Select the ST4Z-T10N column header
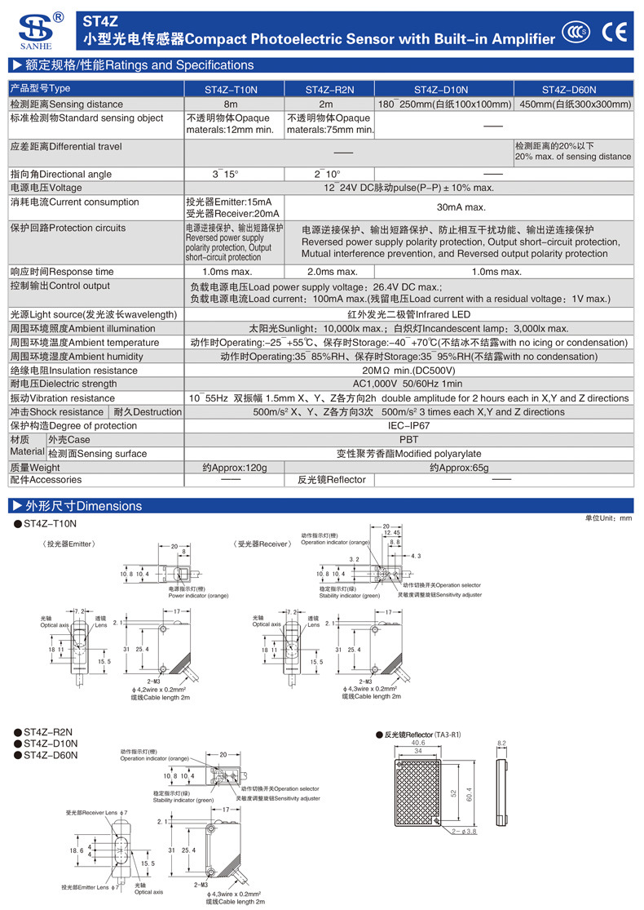pyautogui.click(x=234, y=89)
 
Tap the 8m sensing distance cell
pyautogui.click(x=234, y=104)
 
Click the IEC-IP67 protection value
pyautogui.click(x=408, y=426)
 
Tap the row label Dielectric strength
pyautogui.click(x=64, y=384)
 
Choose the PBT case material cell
pyautogui.click(x=408, y=440)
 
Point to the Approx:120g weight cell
pyautogui.click(x=234, y=468)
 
